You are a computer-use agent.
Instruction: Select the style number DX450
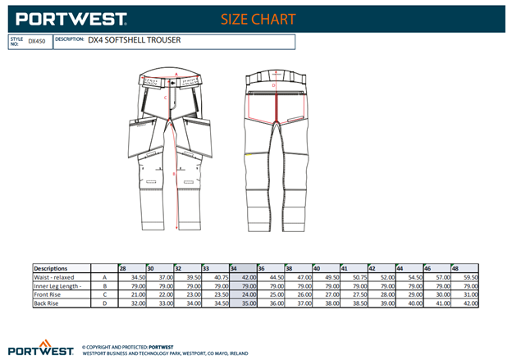(37, 40)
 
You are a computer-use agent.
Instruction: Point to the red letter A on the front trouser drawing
(176, 73)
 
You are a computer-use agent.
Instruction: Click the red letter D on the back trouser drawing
(274, 84)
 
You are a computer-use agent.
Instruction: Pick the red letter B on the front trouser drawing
(175, 173)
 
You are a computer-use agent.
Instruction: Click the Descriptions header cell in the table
(51, 268)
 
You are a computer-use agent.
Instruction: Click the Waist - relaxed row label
(58, 277)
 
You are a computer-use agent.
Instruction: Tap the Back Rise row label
(48, 303)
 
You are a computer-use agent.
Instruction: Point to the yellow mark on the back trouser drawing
(248, 153)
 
